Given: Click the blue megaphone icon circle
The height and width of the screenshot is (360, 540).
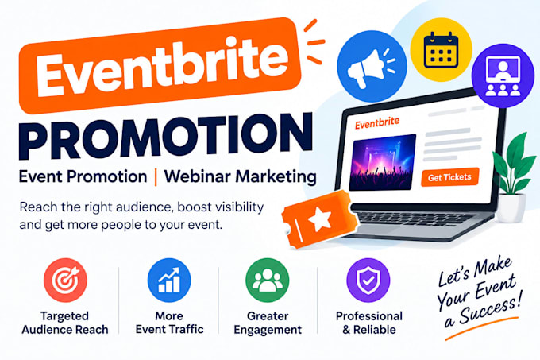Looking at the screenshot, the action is point(372,66).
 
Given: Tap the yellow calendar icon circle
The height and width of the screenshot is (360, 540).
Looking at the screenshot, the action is point(442,49).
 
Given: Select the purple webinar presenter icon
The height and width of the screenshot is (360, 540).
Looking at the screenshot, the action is point(503,75).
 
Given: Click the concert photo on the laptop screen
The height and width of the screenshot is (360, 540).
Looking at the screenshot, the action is point(382,162).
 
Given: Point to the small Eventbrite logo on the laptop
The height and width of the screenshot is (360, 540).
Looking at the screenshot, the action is point(377,122).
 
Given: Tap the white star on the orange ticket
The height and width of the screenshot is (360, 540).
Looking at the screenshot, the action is point(320,219).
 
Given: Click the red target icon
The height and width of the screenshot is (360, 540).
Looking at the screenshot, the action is point(65,280).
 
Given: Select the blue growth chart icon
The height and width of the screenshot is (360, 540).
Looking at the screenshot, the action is point(169,280).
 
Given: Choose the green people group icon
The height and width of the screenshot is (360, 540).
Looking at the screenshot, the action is point(268,280).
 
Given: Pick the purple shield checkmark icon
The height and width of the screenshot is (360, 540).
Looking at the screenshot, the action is point(368,280).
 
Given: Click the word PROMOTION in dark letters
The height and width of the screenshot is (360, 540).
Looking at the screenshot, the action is point(166,136).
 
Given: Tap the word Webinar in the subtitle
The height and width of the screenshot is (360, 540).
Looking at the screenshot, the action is point(197,176).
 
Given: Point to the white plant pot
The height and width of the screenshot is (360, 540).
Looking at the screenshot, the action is point(511,207).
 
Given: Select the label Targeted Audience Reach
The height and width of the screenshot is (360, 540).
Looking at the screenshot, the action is point(65,323).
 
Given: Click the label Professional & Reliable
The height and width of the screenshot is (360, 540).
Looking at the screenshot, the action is point(369,323).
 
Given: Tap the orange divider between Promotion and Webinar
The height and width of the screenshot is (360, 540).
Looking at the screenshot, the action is point(156,176).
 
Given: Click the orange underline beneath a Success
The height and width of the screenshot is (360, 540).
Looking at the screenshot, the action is point(482,328).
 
